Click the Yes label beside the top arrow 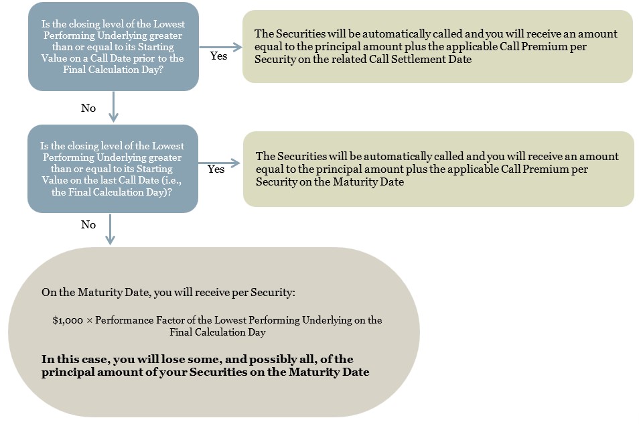point(218,56)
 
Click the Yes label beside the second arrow point(216,169)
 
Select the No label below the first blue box point(88,108)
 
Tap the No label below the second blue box point(88,224)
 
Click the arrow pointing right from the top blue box point(220,47)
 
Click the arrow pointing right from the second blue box point(219,163)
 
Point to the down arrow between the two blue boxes point(113,107)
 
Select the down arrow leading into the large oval point(110,230)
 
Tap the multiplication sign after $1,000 point(89,321)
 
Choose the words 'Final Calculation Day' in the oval point(218,332)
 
